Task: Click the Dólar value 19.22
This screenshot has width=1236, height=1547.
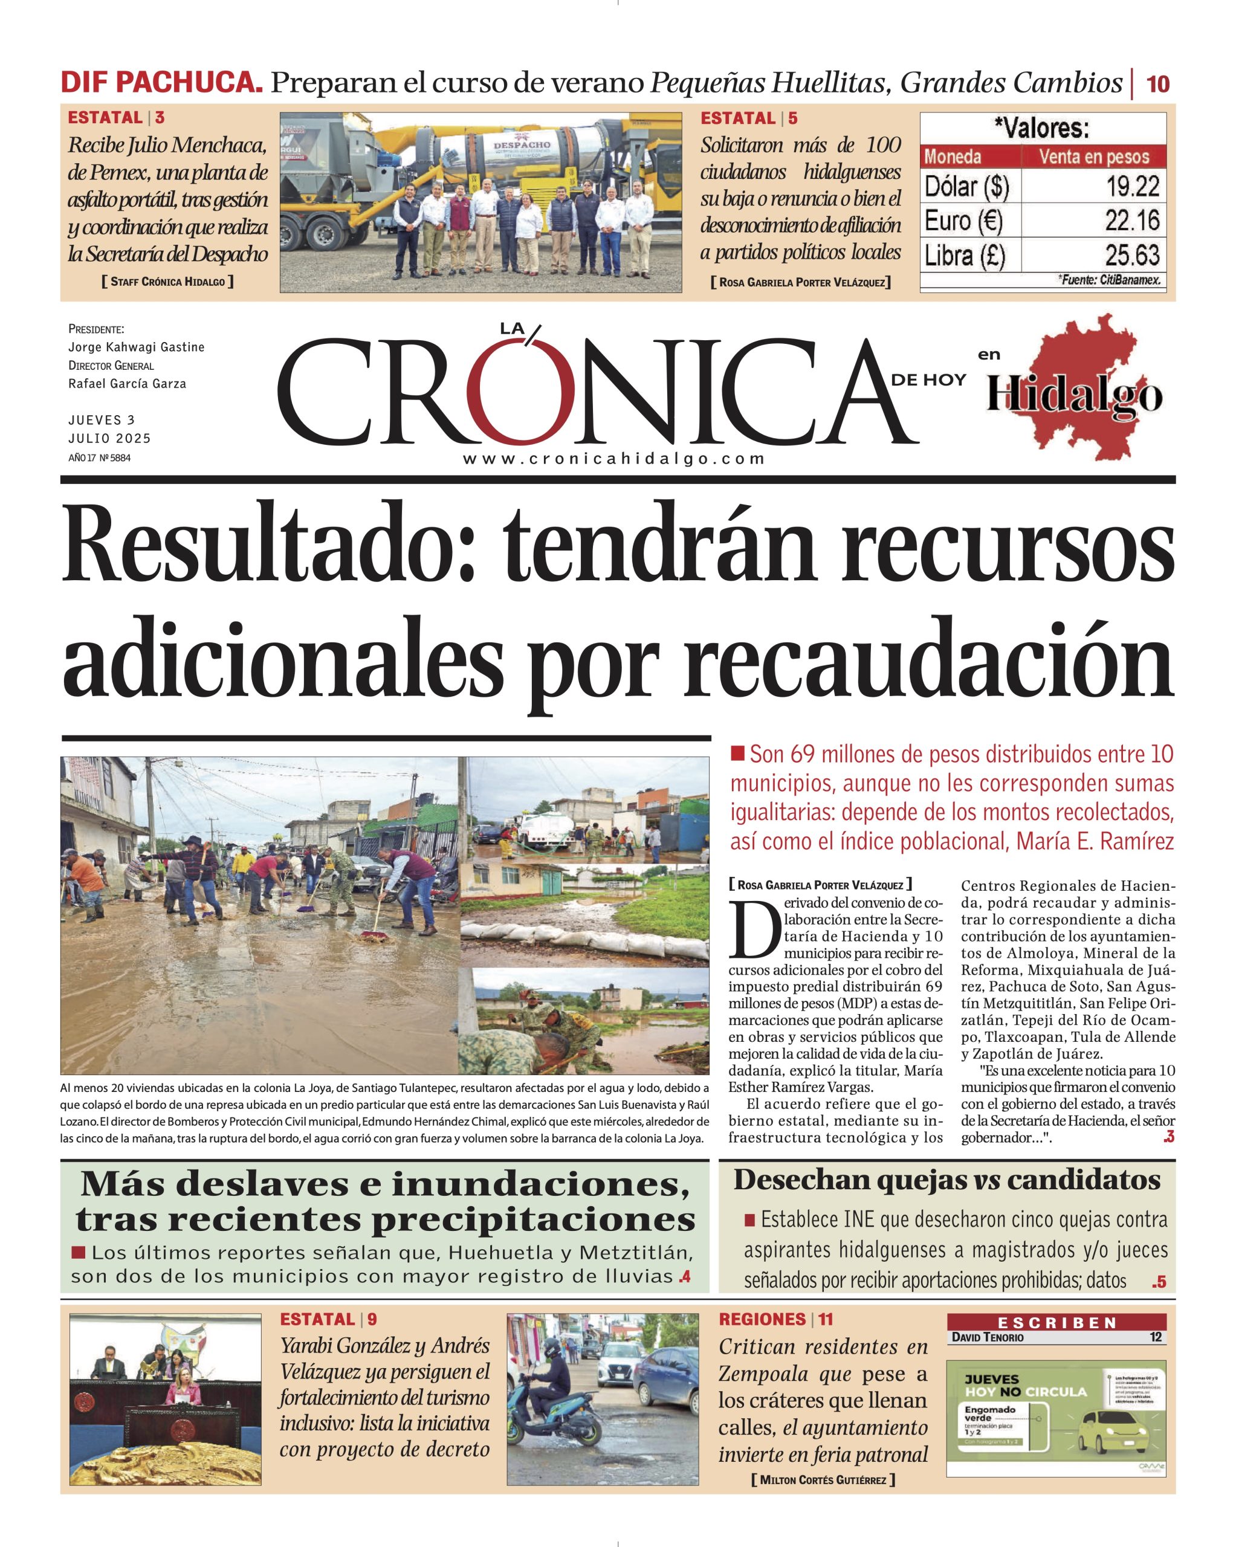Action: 1132,187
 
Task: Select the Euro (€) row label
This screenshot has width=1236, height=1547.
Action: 963,221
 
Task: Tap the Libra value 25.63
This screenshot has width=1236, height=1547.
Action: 1132,256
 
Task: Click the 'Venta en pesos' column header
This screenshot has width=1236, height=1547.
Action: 1094,157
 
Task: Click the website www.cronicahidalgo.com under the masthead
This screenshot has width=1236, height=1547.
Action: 613,459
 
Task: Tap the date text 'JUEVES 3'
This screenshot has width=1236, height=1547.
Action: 101,420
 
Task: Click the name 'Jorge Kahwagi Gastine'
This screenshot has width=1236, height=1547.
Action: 137,347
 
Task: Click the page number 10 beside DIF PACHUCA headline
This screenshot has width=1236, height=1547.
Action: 1158,84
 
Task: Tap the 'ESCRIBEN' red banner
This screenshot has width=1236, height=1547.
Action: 1056,1322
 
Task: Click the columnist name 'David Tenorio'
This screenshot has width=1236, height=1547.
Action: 988,1337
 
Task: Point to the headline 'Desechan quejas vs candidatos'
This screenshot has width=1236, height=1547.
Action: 946,1180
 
